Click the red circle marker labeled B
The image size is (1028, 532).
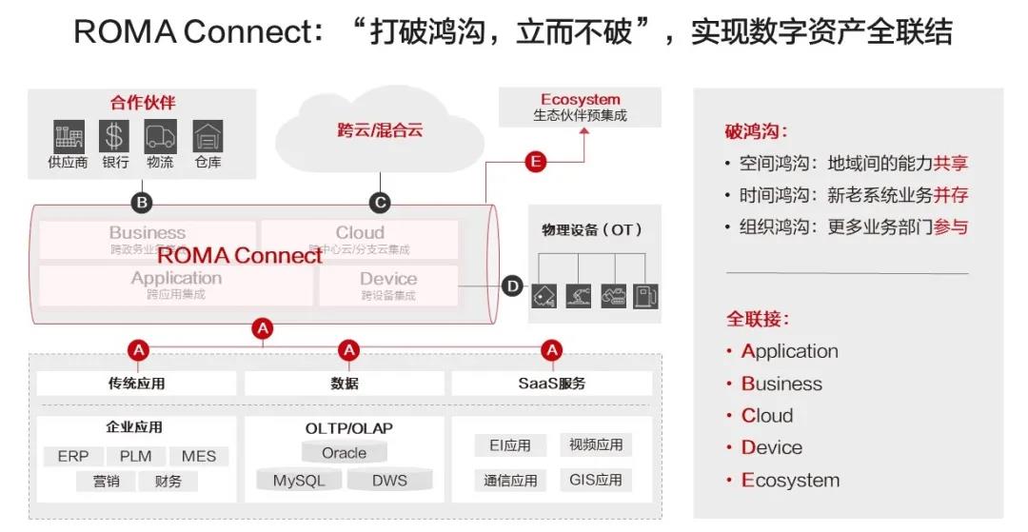point(142,203)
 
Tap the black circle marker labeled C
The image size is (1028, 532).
point(380,203)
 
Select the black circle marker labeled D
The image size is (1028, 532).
point(512,286)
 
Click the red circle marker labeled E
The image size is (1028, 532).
point(536,162)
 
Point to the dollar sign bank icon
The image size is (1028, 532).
point(114,136)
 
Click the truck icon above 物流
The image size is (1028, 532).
point(160,136)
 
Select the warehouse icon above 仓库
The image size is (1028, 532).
point(208,136)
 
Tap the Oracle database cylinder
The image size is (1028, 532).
point(344,453)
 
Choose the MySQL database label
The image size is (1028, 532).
point(300,481)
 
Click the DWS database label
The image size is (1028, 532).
point(390,481)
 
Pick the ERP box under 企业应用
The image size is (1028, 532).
point(73,456)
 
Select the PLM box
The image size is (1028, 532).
point(135,456)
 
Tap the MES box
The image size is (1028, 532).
point(199,456)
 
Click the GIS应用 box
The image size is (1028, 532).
point(596,480)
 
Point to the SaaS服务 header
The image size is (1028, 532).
point(552,384)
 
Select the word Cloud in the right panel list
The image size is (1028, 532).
point(766,416)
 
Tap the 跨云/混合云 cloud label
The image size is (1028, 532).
point(380,130)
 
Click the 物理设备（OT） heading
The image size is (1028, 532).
point(592,229)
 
